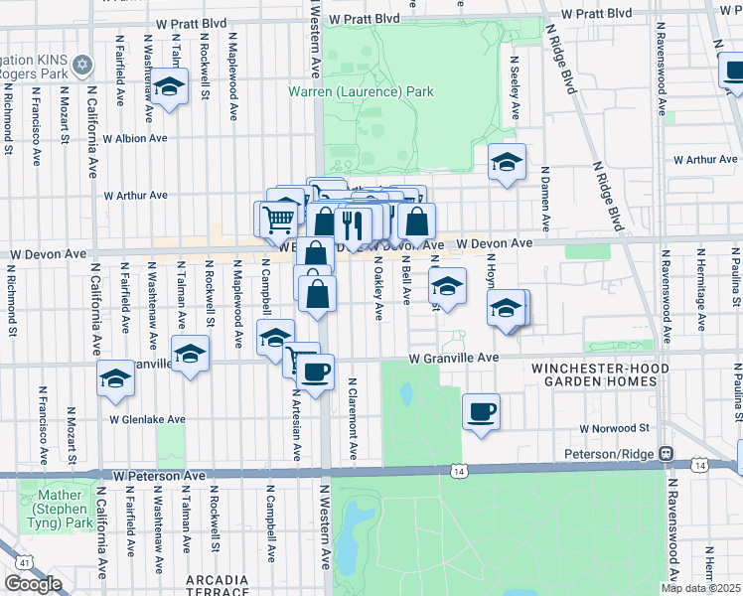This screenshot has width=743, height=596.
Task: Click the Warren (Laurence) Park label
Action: [x=361, y=92]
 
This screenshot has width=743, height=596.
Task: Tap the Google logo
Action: [x=33, y=583]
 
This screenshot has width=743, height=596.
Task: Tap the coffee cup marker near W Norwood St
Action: [x=481, y=411]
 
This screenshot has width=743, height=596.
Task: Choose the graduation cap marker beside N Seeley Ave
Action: [x=507, y=162]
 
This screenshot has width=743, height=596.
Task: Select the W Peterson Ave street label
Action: [x=158, y=476]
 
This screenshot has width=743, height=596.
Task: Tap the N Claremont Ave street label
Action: [x=352, y=424]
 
